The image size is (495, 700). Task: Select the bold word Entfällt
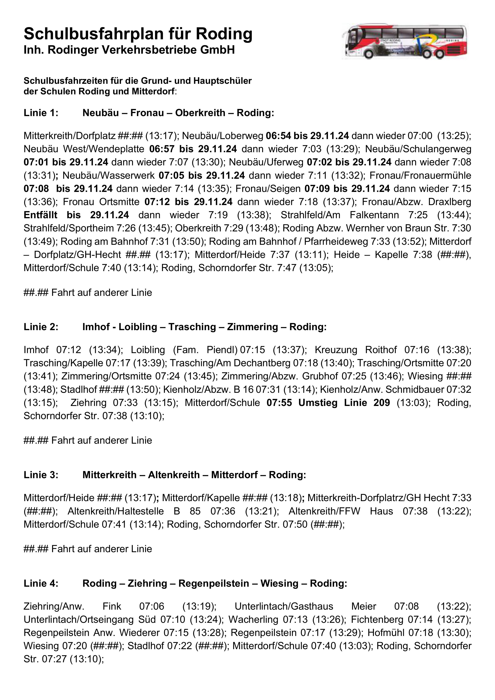pyautogui.click(x=40, y=215)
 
